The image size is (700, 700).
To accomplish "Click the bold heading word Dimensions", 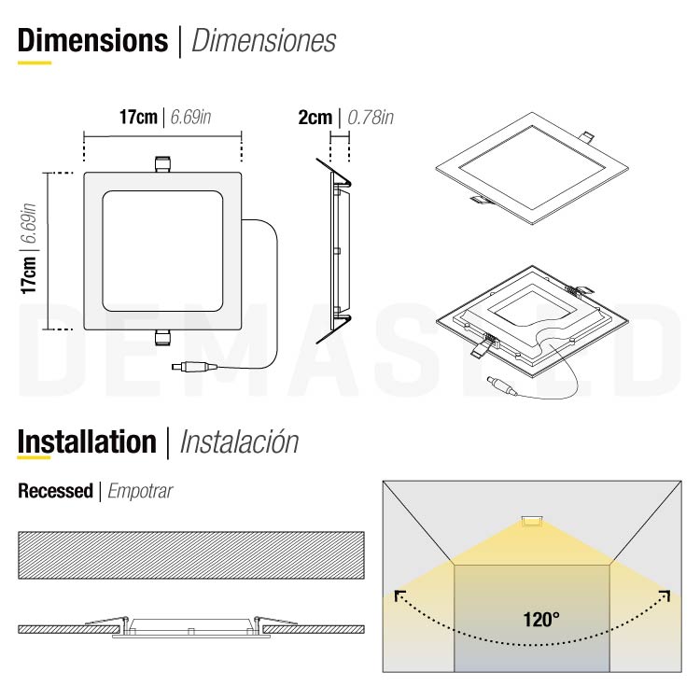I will pyautogui.click(x=91, y=40).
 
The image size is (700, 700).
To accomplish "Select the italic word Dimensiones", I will pyautogui.click(x=263, y=41).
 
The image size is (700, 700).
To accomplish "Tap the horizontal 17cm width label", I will pyautogui.click(x=138, y=118).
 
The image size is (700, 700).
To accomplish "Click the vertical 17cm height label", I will pyautogui.click(x=30, y=276).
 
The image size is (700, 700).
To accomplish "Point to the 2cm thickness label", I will pyautogui.click(x=315, y=118).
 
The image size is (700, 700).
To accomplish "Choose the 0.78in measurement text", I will pyautogui.click(x=370, y=118).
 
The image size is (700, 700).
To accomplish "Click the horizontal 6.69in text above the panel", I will pyautogui.click(x=190, y=118).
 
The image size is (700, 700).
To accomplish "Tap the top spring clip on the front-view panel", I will pyautogui.click(x=163, y=164).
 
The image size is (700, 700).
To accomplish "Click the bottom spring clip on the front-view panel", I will pyautogui.click(x=163, y=338).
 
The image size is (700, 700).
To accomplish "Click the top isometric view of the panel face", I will pyautogui.click(x=531, y=169).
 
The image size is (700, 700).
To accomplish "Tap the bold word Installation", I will pyautogui.click(x=87, y=441).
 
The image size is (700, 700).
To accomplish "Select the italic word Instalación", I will pyautogui.click(x=239, y=441).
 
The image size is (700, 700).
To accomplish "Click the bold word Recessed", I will pyautogui.click(x=55, y=491).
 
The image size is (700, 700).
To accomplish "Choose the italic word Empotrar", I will pyautogui.click(x=140, y=491).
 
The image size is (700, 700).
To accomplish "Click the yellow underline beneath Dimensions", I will pyautogui.click(x=35, y=63).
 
